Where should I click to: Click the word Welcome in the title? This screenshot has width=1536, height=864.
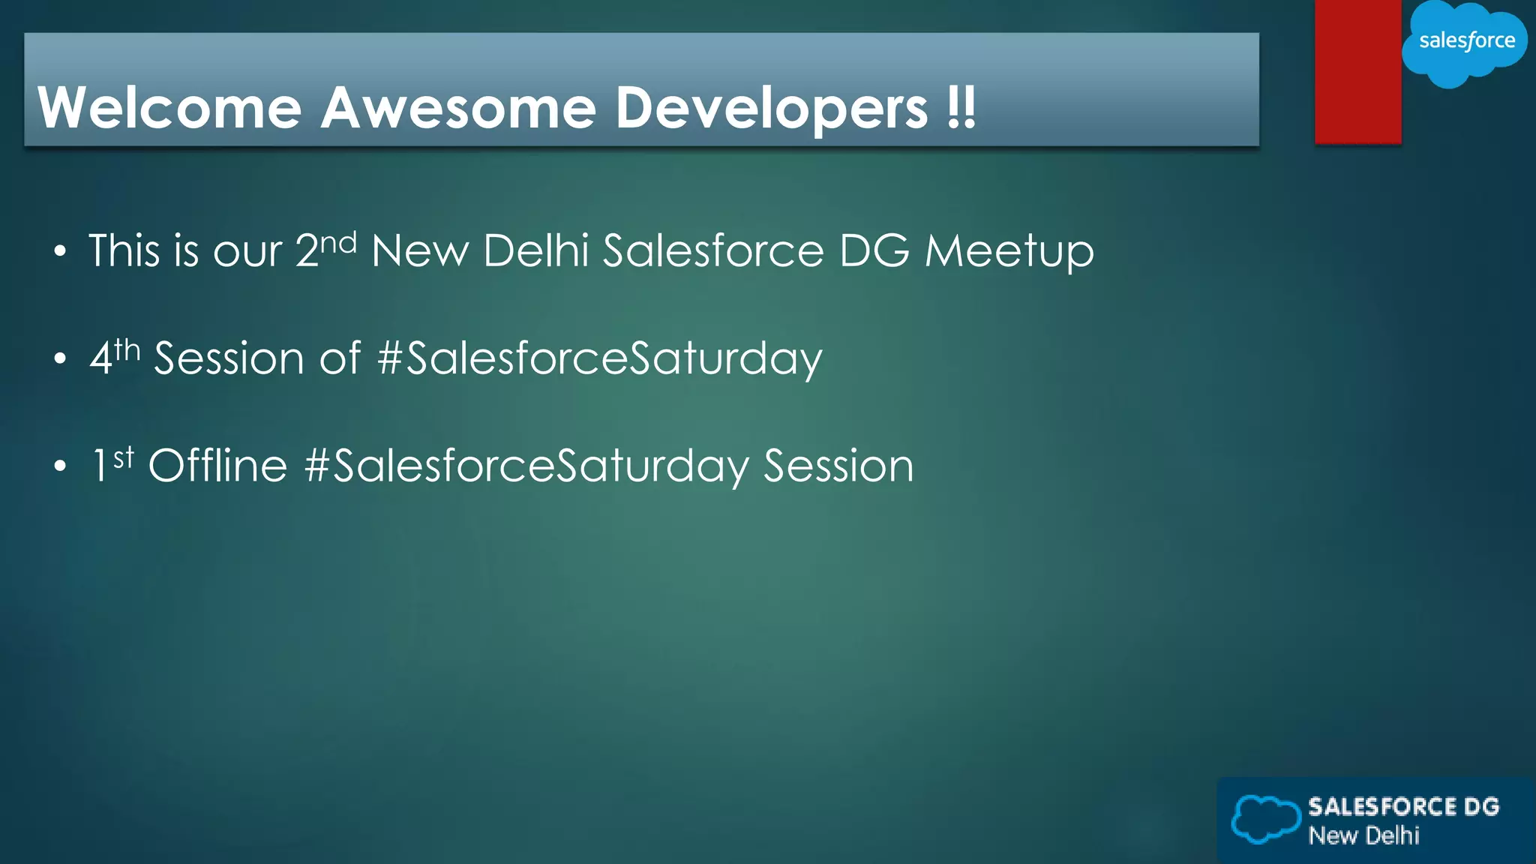[x=169, y=108]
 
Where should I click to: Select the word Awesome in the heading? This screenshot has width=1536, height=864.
[x=458, y=108]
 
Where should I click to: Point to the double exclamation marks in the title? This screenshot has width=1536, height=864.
[x=961, y=108]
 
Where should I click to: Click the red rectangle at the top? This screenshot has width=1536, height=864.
[x=1357, y=71]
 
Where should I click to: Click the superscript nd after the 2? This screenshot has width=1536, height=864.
[x=338, y=242]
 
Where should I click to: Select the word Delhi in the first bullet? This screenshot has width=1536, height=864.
[x=535, y=250]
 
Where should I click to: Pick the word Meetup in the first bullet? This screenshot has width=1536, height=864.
[x=1009, y=252]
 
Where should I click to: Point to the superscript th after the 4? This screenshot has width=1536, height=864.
[x=127, y=349]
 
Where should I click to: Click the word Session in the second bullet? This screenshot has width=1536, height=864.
[x=229, y=358]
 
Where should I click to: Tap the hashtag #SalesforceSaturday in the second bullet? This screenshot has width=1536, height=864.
[x=599, y=359]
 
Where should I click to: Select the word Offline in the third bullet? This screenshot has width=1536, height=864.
[x=217, y=466]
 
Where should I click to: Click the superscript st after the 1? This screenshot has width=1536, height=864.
[x=124, y=457]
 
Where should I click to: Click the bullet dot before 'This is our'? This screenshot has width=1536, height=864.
[x=60, y=251]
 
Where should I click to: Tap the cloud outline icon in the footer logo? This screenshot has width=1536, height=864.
[x=1265, y=819]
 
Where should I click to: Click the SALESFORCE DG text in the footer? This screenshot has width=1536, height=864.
[x=1403, y=806]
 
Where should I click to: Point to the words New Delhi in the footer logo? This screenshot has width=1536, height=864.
[x=1363, y=835]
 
